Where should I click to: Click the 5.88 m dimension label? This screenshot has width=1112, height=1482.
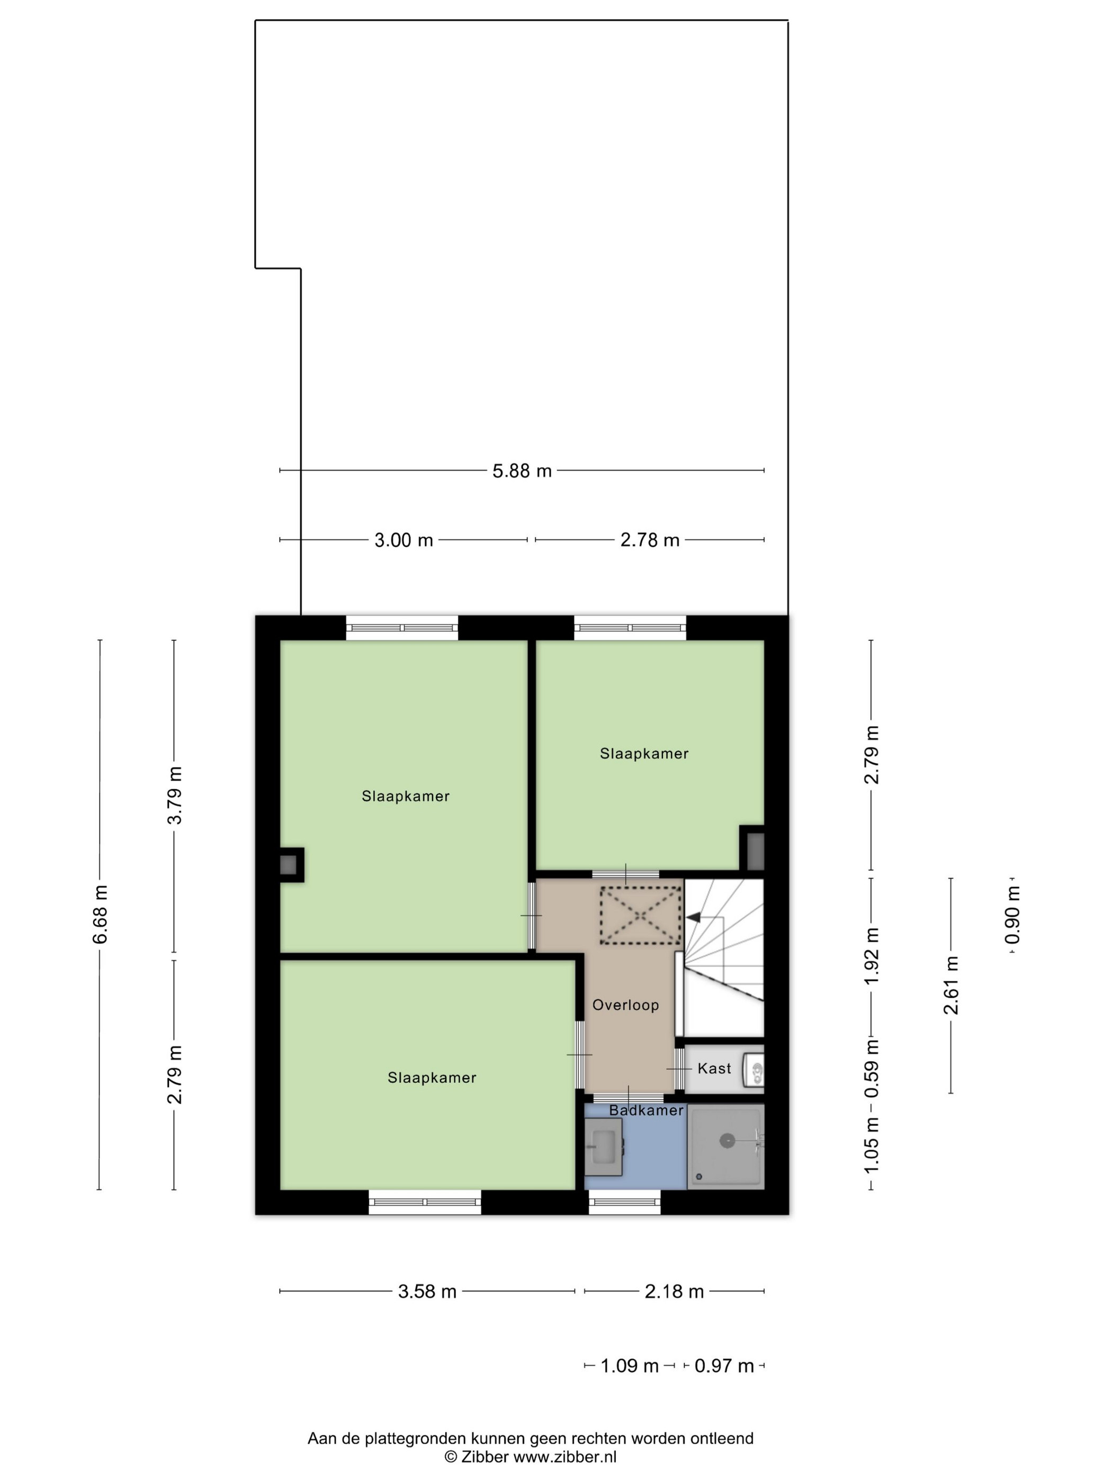(x=522, y=471)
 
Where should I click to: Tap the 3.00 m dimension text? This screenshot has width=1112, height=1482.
(x=403, y=540)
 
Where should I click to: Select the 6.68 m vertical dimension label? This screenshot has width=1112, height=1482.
(x=100, y=914)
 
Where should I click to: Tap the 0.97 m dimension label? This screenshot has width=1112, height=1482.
(x=724, y=1366)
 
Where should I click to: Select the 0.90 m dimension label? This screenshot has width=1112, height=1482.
(x=1013, y=915)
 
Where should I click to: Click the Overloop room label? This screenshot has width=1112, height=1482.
(x=625, y=1005)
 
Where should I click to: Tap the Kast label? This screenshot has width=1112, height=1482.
(x=714, y=1069)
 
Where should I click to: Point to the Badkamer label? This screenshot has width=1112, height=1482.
(x=646, y=1110)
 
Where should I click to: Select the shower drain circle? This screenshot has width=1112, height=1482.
(x=727, y=1140)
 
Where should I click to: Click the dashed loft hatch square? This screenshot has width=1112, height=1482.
(x=640, y=915)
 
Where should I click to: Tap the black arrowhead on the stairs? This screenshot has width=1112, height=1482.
(x=693, y=917)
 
